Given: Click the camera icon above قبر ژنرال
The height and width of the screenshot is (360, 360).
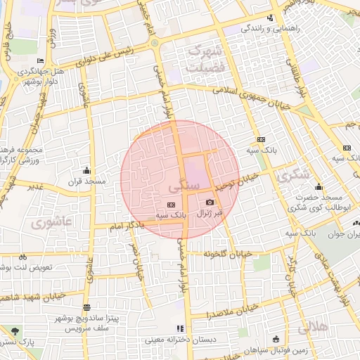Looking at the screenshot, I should point(210,202).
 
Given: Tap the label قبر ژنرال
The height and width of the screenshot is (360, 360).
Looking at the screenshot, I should point(210,212).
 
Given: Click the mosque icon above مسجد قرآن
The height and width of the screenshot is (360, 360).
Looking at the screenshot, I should point(86,170).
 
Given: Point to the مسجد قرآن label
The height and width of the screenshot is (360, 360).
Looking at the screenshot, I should point(87,181).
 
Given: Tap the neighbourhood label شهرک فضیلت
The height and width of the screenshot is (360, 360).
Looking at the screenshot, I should point(205,60).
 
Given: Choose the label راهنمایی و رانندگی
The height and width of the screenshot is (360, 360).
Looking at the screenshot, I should point(271,29).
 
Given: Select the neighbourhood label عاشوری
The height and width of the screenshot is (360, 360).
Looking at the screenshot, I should point(51,221).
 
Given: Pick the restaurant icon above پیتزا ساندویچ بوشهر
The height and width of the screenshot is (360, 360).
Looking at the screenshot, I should point(86,307).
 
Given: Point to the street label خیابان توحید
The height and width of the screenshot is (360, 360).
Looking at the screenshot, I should point(237,182).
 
